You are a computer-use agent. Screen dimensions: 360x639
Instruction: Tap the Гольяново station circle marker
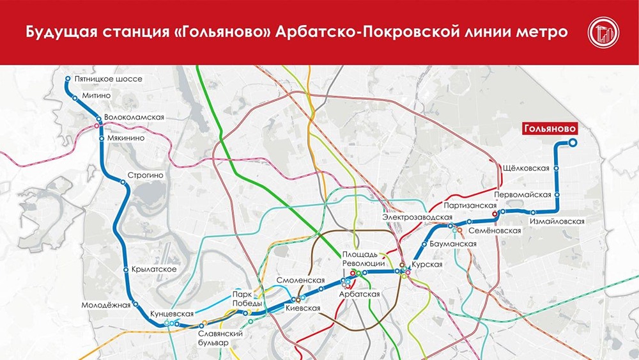coord(573,143)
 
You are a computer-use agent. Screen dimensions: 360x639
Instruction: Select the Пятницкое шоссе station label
coord(107,79)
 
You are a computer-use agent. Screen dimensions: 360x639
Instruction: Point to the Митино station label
coord(96,96)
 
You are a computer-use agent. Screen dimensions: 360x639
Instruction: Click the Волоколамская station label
coord(135,118)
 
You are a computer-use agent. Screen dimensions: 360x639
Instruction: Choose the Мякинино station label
coord(125,137)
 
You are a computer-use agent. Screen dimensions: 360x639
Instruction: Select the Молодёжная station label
coord(105,305)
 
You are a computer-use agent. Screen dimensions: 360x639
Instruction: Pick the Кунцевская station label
coord(171,314)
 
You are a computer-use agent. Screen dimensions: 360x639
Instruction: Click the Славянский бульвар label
coord(219,338)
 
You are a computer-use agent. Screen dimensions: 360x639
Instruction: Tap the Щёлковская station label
coord(527,168)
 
